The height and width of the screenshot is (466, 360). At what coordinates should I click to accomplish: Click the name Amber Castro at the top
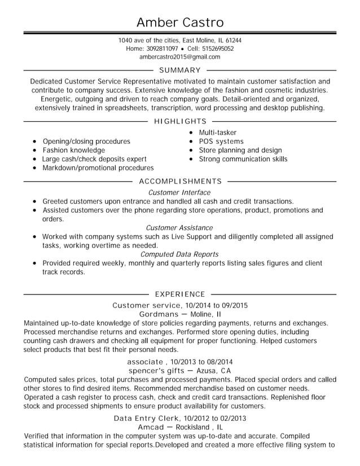[x=180, y=22]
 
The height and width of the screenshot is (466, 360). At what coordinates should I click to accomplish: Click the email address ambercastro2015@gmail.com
[x=179, y=57]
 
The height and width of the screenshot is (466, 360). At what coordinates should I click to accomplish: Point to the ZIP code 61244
[x=233, y=41]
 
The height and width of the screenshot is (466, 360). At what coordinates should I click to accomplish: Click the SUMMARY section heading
[x=180, y=70]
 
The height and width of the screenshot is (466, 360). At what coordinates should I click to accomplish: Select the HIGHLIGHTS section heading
[x=180, y=121]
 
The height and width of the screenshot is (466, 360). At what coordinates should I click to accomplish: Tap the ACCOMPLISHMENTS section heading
[x=180, y=181]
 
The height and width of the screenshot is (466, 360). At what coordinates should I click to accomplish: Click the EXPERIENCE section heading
[x=180, y=294]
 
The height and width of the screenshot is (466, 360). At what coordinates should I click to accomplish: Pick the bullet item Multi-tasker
[x=217, y=133]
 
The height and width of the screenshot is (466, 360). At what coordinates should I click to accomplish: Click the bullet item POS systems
[x=221, y=141]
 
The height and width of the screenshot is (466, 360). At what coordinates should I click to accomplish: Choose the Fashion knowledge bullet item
[x=74, y=150]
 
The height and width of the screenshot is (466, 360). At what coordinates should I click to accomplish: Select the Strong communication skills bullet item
[x=243, y=159]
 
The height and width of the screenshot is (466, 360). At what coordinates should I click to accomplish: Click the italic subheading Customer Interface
[x=179, y=192]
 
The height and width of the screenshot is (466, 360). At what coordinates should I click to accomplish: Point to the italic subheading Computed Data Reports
[x=179, y=254]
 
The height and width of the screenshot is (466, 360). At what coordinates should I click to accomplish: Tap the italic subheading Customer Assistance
[x=179, y=227]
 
